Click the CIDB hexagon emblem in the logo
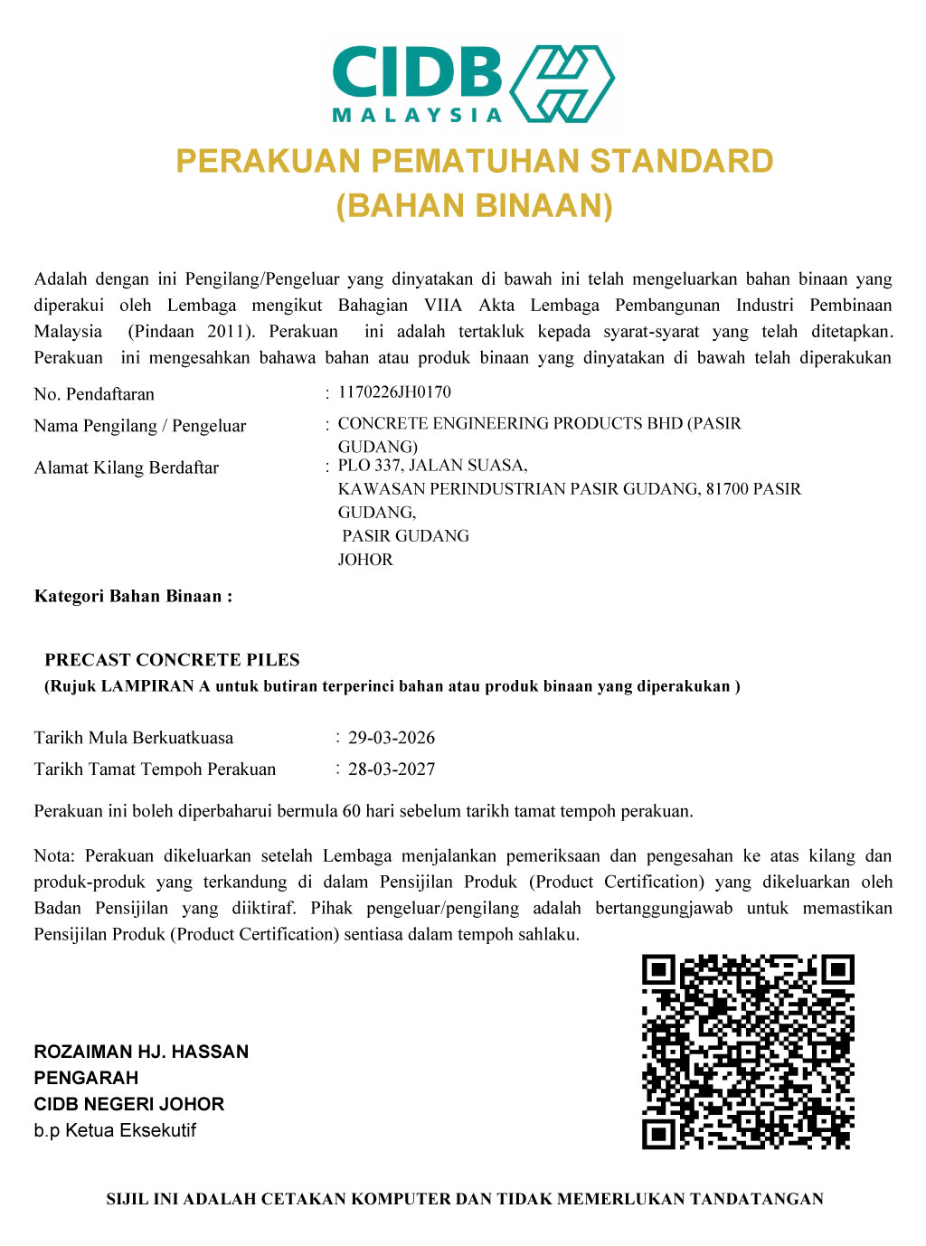tap(562, 83)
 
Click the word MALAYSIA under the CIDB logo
tap(417, 115)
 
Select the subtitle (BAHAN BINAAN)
tap(475, 206)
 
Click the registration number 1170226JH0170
tap(394, 392)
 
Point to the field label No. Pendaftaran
tap(94, 394)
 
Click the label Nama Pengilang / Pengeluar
tap(140, 426)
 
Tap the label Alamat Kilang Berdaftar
tap(127, 467)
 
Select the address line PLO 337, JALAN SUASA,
tap(432, 466)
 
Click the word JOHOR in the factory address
tap(365, 560)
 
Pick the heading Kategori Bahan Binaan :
tap(133, 597)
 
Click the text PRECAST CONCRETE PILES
tap(172, 660)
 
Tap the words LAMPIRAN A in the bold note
tap(156, 686)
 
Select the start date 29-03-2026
tap(392, 738)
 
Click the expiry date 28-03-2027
tap(392, 769)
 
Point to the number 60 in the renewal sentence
tap(352, 811)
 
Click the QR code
tap(748, 1052)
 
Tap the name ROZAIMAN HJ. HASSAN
tap(141, 1052)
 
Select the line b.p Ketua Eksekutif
tap(115, 1130)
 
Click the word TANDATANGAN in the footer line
tap(757, 1199)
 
